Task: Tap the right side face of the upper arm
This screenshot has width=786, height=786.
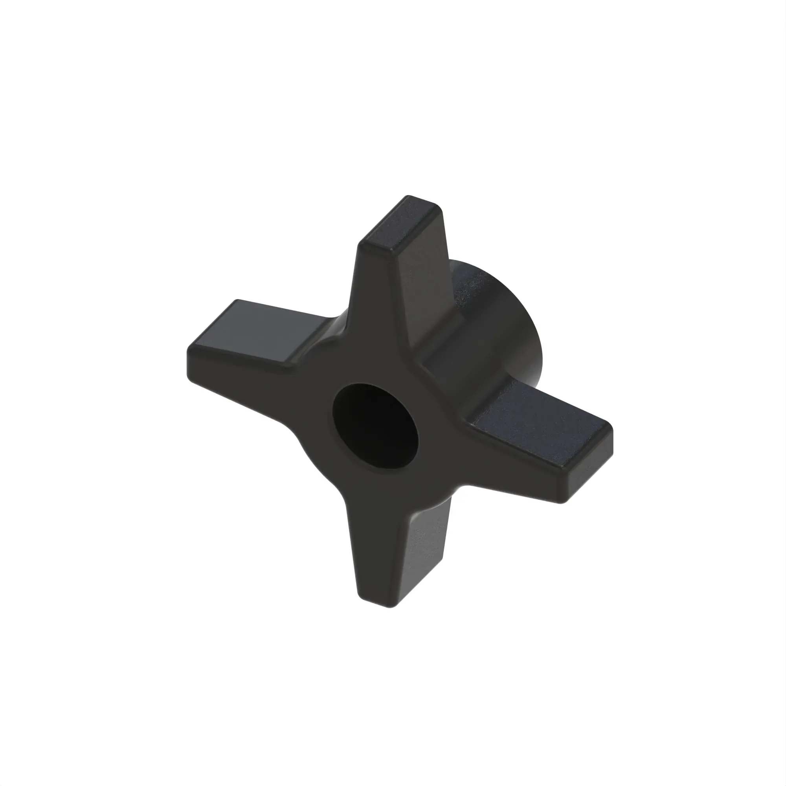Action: (x=423, y=293)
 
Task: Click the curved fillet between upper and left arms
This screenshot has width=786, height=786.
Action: (x=338, y=325)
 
